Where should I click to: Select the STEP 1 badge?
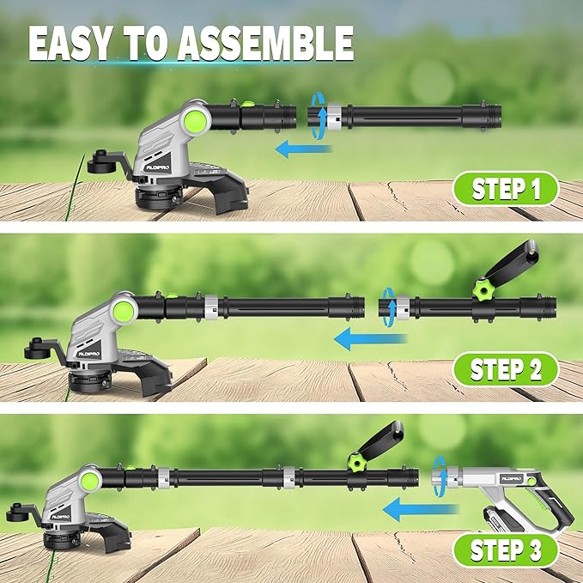(506, 189)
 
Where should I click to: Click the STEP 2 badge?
(506, 371)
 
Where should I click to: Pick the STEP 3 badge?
(506, 550)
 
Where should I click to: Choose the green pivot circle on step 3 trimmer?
(92, 478)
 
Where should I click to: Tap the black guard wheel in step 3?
(21, 514)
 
